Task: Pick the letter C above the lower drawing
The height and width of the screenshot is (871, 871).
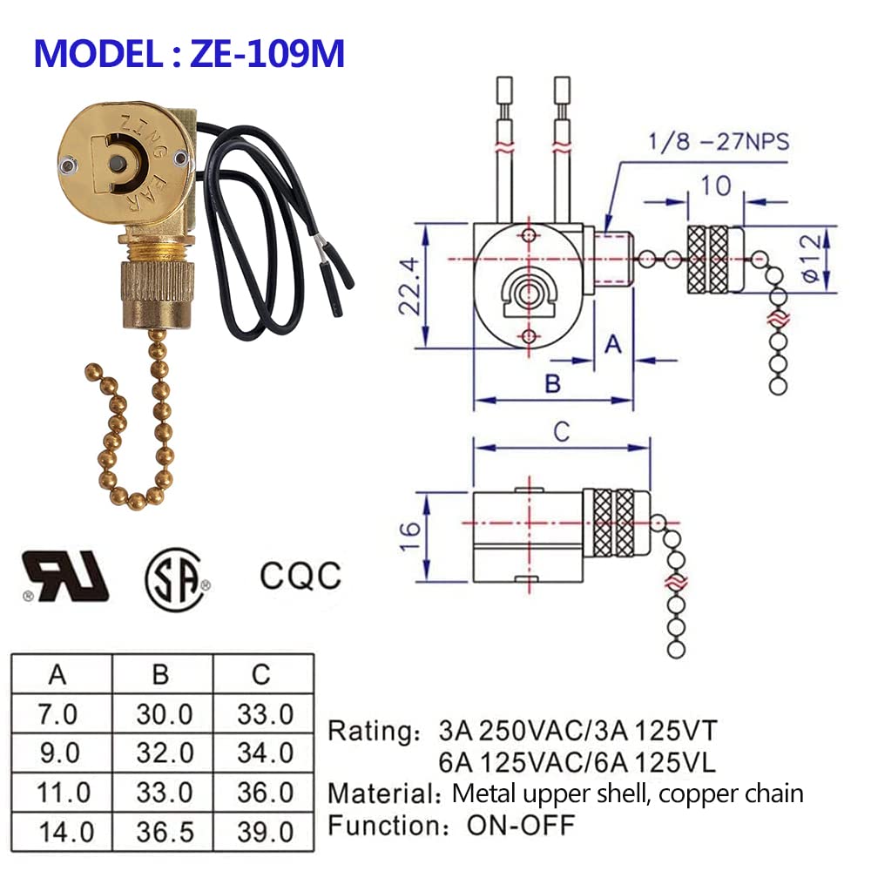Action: coord(562,430)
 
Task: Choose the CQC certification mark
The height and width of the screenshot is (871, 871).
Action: coord(300,575)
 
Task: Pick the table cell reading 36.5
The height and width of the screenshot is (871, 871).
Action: coord(164,831)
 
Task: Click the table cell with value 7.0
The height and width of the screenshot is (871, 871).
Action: coord(58,715)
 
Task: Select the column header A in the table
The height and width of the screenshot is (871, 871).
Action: coord(58,674)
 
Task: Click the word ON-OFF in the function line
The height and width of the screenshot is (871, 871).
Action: coord(523,824)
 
